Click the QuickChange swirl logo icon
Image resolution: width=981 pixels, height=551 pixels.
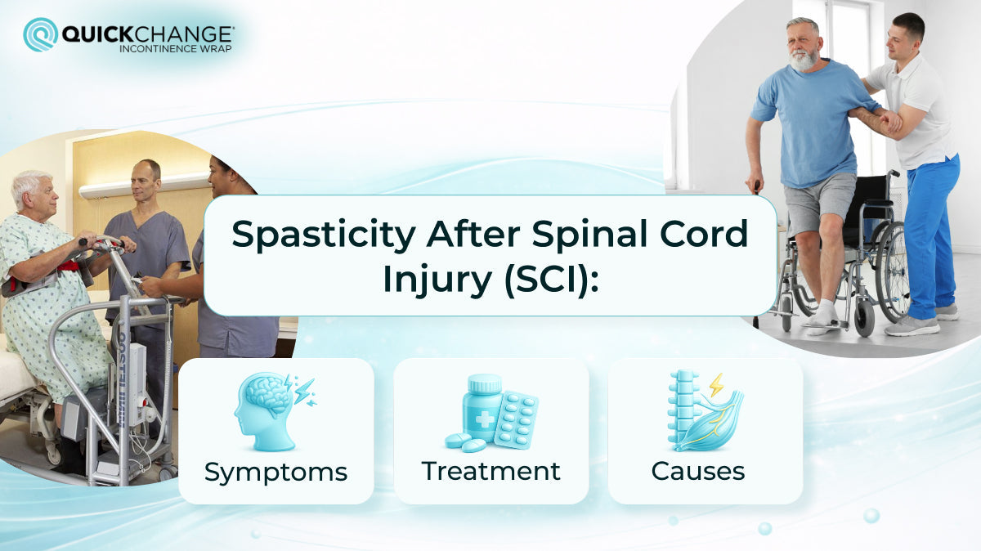[40, 34]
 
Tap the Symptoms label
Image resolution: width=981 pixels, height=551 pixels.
[275, 472]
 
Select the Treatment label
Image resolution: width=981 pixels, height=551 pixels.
[490, 471]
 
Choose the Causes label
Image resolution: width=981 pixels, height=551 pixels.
[698, 471]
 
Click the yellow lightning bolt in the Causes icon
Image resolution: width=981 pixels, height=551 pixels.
[716, 384]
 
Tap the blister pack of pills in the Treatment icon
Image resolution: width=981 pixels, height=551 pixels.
[516, 419]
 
